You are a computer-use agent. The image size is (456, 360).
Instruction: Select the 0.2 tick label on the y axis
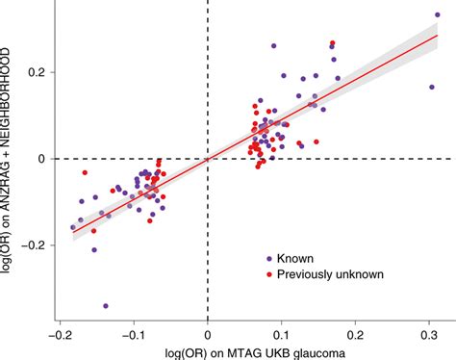(x=39, y=72)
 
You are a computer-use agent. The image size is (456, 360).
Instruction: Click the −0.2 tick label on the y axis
(x=36, y=244)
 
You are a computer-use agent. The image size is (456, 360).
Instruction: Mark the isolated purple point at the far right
(x=432, y=87)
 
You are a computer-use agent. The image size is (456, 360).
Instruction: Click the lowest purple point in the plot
(x=105, y=306)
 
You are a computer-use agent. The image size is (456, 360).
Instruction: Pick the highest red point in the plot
(x=333, y=43)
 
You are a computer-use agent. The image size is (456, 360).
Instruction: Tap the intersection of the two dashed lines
(x=209, y=159)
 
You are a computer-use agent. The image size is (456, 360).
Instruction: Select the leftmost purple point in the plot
(x=73, y=228)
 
